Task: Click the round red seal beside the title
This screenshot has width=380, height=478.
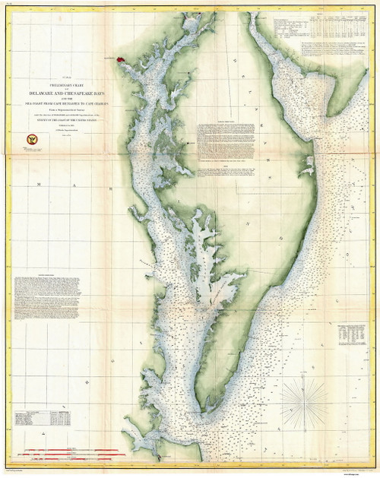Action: [x=33, y=139]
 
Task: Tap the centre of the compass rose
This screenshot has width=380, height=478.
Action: [x=303, y=397]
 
